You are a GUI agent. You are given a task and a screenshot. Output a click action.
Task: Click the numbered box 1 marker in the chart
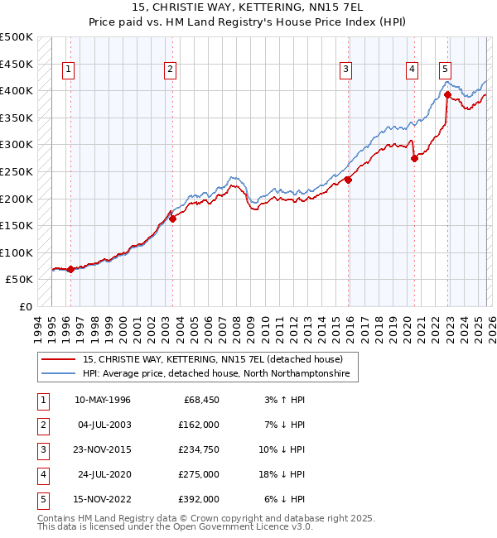pyautogui.click(x=67, y=70)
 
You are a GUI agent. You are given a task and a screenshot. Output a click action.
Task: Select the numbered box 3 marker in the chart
pyautogui.click(x=345, y=70)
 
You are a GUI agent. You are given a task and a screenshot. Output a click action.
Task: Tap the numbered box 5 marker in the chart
pyautogui.click(x=446, y=70)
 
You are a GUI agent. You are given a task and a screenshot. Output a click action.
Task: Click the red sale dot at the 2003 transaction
pyautogui.click(x=172, y=219)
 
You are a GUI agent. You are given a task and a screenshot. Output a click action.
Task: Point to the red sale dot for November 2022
pyautogui.click(x=447, y=94)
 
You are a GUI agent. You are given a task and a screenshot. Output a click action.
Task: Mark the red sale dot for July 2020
pyautogui.click(x=414, y=158)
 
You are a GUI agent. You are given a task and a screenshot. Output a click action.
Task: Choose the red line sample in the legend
pyautogui.click(x=59, y=360)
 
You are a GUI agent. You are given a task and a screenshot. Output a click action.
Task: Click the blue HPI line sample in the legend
pyautogui.click(x=59, y=374)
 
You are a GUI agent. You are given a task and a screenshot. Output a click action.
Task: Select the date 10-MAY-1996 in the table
pyautogui.click(x=103, y=400)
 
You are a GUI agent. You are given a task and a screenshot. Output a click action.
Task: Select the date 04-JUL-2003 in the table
pyautogui.click(x=103, y=425)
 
